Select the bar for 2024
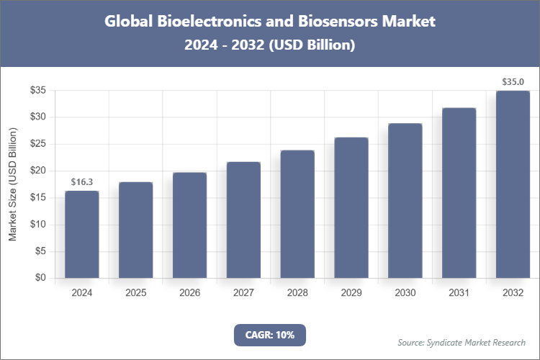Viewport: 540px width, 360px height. coord(81,234)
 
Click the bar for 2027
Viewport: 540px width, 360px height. coord(243,220)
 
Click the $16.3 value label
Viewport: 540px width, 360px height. coord(81,182)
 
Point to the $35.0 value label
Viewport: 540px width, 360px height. coord(513,82)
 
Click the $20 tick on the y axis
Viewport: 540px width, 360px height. coord(37,171)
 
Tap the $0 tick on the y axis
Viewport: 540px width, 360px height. coord(40,278)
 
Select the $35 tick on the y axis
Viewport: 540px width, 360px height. coord(37,90)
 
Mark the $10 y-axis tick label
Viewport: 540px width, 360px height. coord(37,225)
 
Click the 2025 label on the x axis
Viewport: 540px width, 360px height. coord(135,293)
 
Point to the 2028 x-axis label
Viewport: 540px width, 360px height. coord(297,293)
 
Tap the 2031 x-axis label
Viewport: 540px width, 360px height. coord(459,293)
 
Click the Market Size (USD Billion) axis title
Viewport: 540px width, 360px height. coord(12,184)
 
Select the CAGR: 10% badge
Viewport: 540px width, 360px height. coord(270,335)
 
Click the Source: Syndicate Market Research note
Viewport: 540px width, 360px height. coord(461,342)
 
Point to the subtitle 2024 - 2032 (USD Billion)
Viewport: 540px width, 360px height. coord(270,45)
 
